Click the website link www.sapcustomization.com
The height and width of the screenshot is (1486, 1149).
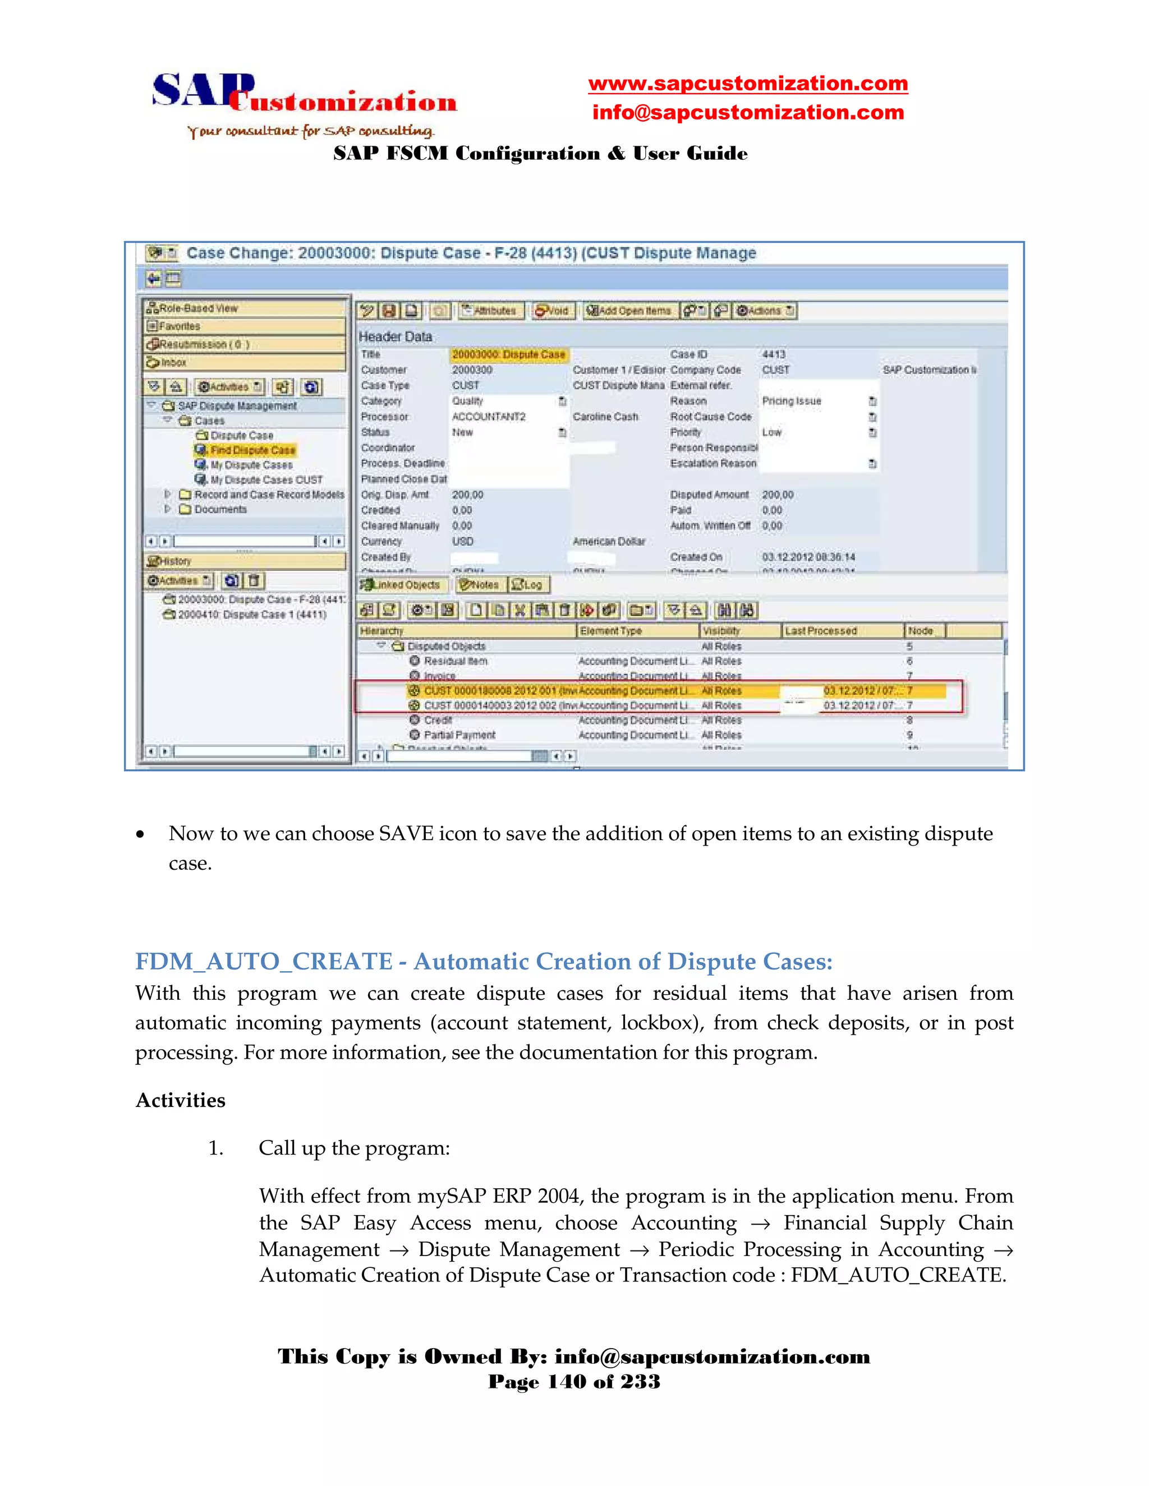click(747, 84)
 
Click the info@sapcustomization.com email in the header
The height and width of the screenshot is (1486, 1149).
click(747, 112)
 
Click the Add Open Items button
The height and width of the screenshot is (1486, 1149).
click(628, 311)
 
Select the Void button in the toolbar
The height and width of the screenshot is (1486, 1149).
click(552, 311)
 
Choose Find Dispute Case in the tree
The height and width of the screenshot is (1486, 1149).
click(252, 450)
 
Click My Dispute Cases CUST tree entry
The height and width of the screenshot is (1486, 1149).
click(265, 479)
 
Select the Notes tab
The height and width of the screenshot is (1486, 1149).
click(479, 584)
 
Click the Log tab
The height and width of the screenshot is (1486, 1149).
click(529, 584)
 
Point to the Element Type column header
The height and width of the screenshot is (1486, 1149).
click(610, 631)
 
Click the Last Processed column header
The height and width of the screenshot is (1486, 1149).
click(820, 631)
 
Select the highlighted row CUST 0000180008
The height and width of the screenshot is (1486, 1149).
click(490, 691)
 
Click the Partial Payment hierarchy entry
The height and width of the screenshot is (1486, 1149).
click(459, 735)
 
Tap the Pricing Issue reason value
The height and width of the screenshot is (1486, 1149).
click(791, 401)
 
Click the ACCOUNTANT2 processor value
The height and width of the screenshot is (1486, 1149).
click(489, 417)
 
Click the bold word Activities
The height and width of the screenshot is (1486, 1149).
click(181, 1100)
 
